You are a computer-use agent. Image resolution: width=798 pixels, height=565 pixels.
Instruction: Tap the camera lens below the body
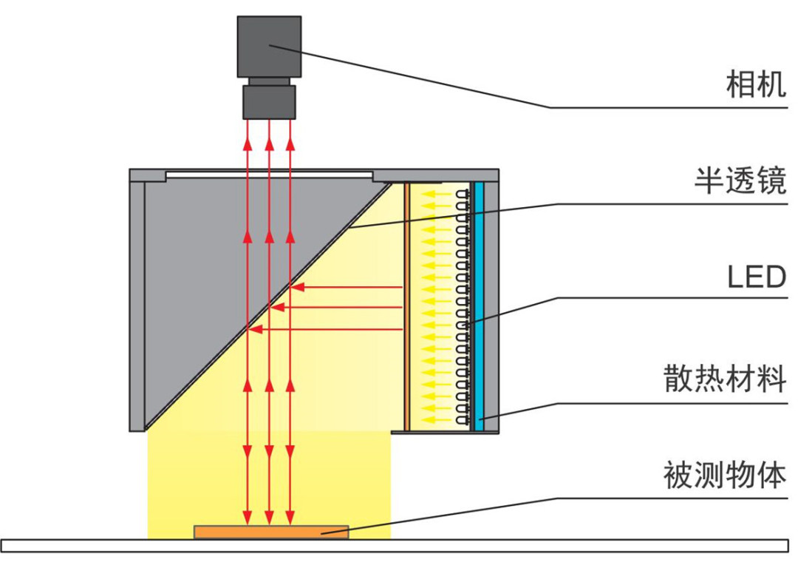point(269,101)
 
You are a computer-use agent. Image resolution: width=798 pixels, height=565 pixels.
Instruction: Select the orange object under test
point(270,531)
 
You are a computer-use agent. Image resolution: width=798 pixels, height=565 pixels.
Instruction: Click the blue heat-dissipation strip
point(479,303)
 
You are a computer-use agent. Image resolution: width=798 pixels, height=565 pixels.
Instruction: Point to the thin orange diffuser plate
point(406,303)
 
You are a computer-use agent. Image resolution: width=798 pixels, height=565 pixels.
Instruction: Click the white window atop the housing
point(269,175)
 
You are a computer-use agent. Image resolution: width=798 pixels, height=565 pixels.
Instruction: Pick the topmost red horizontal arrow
point(347,286)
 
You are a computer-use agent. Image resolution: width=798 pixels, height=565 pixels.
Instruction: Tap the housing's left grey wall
point(137,303)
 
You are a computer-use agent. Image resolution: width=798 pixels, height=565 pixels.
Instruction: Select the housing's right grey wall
point(492,303)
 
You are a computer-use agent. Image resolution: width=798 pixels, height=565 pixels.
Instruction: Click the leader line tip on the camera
point(271,47)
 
